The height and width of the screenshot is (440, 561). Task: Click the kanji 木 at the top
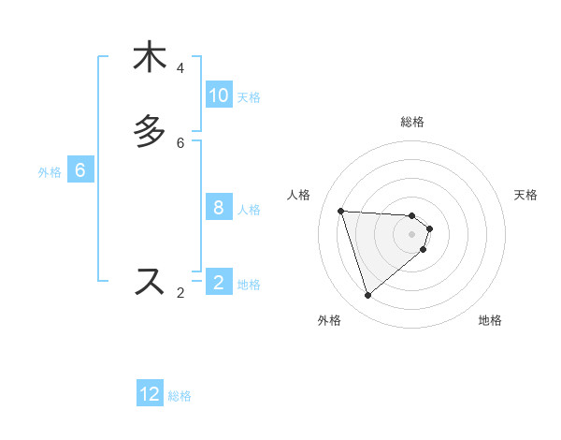pos(150,58)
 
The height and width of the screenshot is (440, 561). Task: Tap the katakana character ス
pos(150,281)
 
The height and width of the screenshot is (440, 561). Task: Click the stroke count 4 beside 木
pos(180,68)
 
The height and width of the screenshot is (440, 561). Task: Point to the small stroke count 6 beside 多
pos(180,143)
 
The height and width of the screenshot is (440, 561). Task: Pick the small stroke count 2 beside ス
pos(180,293)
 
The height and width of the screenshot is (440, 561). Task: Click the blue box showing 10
pos(219,95)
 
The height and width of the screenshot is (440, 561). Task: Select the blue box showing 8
pos(219,207)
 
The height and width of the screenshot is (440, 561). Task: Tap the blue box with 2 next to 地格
pos(219,282)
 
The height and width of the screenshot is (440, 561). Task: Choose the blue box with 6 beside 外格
pos(80,170)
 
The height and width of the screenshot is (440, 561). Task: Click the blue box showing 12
pos(150,394)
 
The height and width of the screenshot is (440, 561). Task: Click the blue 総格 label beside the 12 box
pos(180,396)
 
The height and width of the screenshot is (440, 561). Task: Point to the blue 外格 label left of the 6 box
pos(50,172)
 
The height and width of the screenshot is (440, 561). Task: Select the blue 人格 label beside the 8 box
pos(250,209)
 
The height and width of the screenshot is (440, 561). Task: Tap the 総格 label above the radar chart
pos(412,122)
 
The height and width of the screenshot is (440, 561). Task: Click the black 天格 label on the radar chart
pos(525,195)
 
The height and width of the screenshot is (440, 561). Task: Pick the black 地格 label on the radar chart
pos(490,320)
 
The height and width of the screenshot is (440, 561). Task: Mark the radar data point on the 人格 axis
pos(341,211)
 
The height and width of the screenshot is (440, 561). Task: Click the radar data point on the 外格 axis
pos(368,296)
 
